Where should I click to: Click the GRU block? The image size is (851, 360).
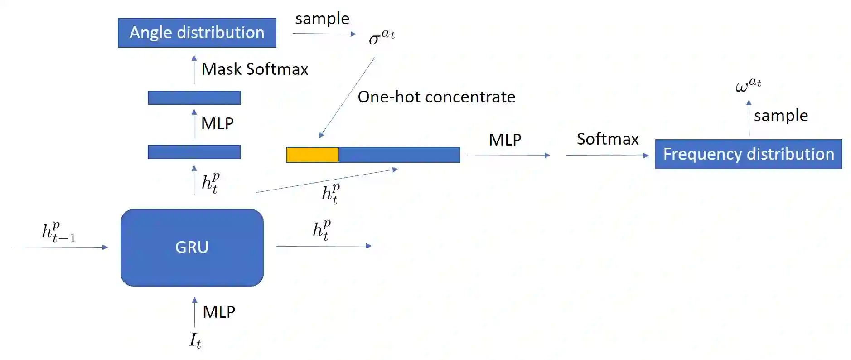tap(192, 248)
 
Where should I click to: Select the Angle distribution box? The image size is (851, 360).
tap(197, 33)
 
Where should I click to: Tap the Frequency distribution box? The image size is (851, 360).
tap(748, 154)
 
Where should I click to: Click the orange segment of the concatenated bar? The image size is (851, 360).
tap(312, 155)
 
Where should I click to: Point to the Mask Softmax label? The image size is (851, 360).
tap(255, 69)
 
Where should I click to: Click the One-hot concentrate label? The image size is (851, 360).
tap(436, 97)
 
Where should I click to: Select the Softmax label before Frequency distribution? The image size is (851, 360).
tap(607, 139)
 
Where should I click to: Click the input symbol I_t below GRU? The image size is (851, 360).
tap(195, 340)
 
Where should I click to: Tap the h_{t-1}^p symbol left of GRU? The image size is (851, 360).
tap(58, 232)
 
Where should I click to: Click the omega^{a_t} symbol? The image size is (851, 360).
tap(748, 85)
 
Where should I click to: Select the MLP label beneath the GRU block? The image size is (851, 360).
tap(219, 312)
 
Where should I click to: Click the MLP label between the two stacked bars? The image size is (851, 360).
tap(217, 123)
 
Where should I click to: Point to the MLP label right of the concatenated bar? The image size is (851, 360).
tap(505, 140)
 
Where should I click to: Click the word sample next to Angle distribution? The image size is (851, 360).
tap(322, 19)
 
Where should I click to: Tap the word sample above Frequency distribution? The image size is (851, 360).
tap(781, 116)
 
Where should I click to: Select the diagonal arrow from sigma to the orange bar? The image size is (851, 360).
tap(347, 97)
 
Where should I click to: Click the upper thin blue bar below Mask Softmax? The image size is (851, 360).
tap(194, 97)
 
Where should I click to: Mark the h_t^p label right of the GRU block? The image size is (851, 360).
tap(322, 230)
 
